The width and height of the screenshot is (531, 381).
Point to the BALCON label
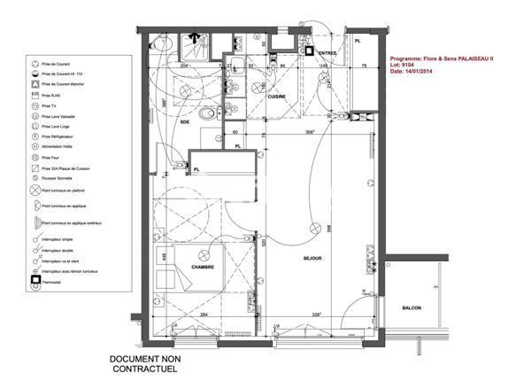pos(410,307)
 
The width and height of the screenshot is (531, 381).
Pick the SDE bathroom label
pos(185,122)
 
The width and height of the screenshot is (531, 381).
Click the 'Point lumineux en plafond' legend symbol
pos(35,190)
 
